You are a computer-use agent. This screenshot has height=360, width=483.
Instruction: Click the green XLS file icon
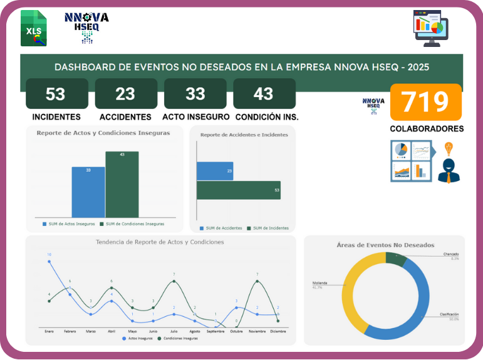tap(33, 28)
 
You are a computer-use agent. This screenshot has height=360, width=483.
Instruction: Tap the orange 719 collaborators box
tap(425, 102)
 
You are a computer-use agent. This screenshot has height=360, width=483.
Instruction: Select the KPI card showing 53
tap(56, 94)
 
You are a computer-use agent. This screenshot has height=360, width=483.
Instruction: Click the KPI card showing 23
tap(125, 94)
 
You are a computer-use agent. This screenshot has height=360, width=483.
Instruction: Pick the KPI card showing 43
tap(264, 94)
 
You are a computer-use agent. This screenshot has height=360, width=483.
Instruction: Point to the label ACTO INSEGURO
tap(195, 116)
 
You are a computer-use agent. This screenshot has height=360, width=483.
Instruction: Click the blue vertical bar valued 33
tap(88, 192)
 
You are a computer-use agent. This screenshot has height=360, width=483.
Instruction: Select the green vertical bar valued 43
tap(122, 184)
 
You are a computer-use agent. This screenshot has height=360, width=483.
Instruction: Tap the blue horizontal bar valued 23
tap(215, 171)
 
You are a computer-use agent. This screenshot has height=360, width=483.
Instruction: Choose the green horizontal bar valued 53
tap(238, 190)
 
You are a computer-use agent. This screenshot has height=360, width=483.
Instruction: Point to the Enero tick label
tap(49, 331)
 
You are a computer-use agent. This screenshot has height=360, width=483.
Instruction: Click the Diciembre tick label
tap(278, 331)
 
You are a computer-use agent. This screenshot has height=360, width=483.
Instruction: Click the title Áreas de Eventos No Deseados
tap(385, 245)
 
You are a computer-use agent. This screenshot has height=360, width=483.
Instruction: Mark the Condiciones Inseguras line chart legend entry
tap(178, 338)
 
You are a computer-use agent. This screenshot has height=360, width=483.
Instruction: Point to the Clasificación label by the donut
tap(449, 314)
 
